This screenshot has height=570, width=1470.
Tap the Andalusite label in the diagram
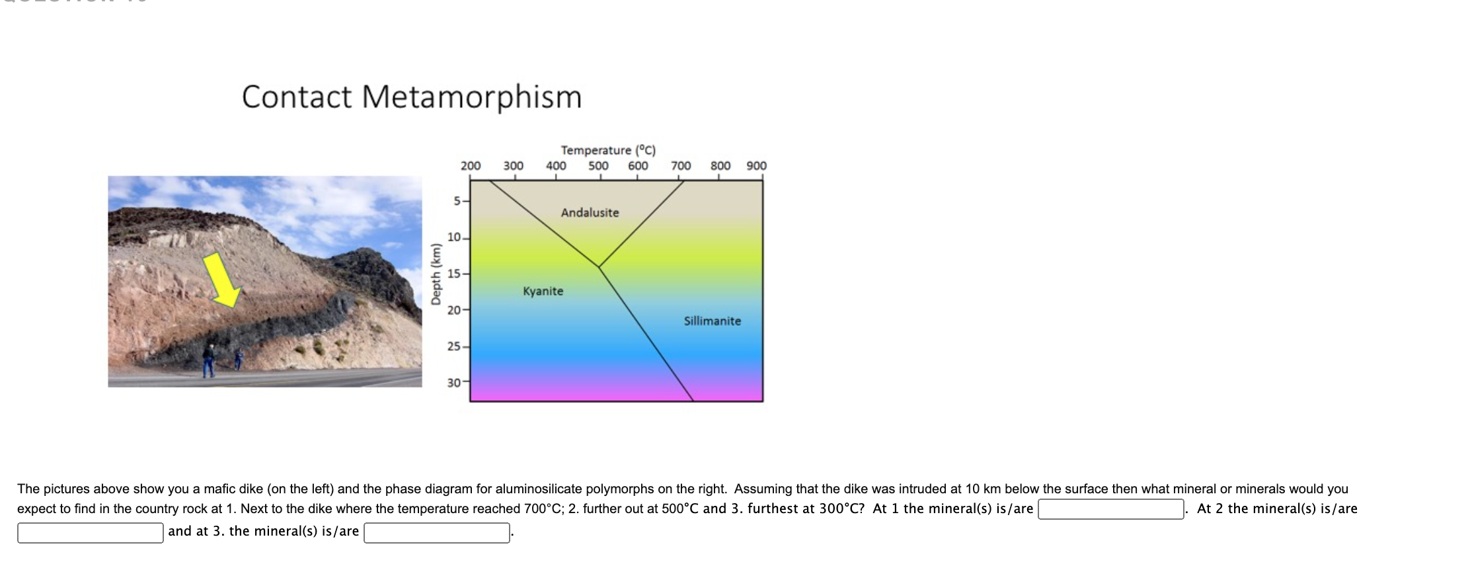coord(590,213)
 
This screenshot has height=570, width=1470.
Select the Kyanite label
coord(543,291)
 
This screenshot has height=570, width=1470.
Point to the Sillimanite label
coord(712,321)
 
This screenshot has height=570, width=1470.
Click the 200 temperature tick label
coord(470,165)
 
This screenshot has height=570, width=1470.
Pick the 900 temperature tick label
coord(756,165)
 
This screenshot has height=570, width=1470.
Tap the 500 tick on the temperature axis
coord(598,165)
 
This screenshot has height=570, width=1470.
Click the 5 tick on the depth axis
coord(457,201)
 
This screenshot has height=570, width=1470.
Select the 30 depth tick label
coord(453,382)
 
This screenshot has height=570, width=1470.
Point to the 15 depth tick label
coord(453,274)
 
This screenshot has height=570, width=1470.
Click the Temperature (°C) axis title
coord(607,150)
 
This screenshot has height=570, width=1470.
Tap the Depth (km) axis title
coord(435,274)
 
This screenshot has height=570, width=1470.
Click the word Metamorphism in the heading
coord(471,97)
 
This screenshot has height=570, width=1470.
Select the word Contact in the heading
coord(297,97)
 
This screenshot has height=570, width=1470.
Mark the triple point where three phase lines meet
coord(599,266)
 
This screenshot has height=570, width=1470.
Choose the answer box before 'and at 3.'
coord(90,532)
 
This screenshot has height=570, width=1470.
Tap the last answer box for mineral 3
coord(436,532)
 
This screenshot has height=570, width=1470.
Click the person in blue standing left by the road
coord(209,360)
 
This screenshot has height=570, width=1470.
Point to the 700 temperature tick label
coord(681,165)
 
